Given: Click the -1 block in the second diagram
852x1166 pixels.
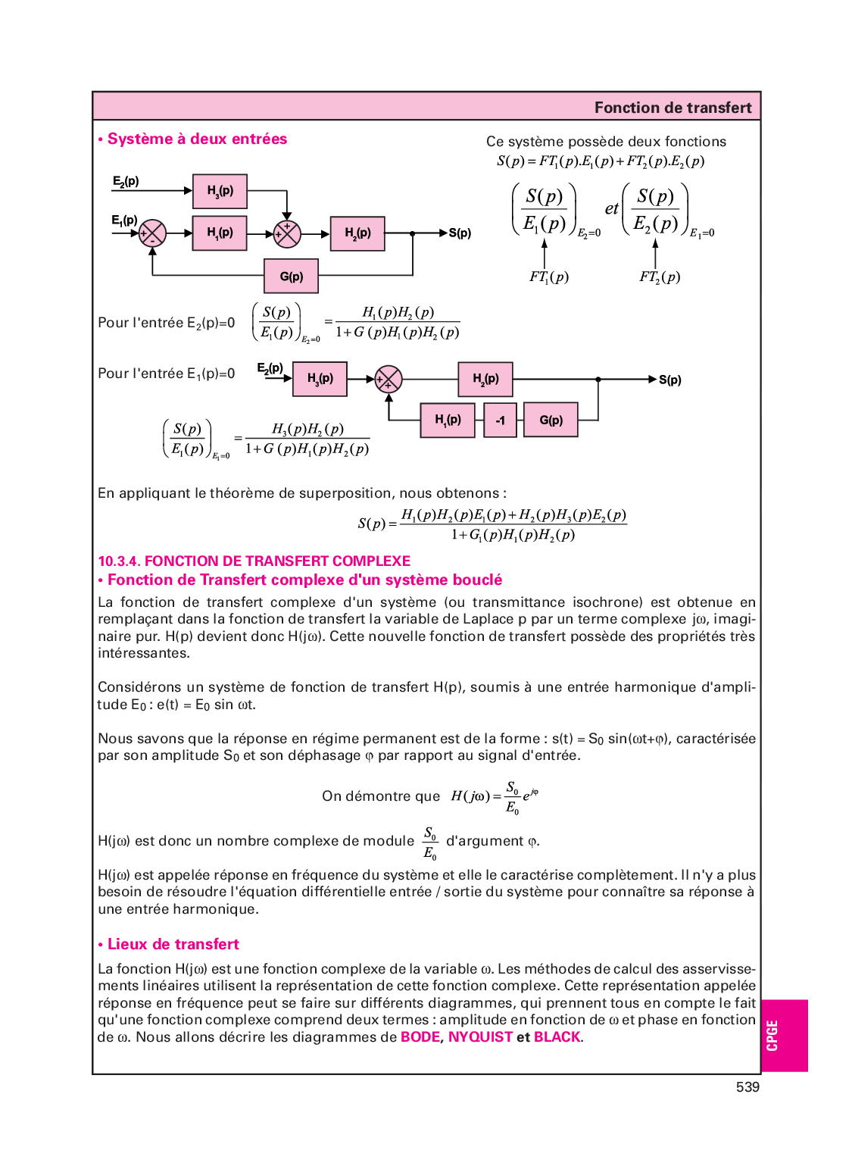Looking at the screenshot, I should tap(500, 420).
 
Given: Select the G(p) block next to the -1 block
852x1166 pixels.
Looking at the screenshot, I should tap(551, 420).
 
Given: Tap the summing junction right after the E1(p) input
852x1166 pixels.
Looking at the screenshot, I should tap(153, 233).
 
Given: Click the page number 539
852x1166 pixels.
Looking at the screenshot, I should tap(747, 1086).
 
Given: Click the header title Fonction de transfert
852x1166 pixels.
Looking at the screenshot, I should tap(673, 108).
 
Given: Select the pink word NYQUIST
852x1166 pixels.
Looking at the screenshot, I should tap(480, 1036).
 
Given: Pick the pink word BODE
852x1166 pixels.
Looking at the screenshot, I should tap(420, 1036).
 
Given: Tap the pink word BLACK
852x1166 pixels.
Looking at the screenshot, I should tap(557, 1036).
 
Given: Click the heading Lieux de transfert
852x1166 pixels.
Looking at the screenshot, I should tap(173, 944).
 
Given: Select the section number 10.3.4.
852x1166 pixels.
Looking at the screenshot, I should tap(119, 561).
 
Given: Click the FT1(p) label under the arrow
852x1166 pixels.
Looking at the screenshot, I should tap(549, 277).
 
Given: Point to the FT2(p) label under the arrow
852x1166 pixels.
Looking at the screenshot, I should tap(660, 277).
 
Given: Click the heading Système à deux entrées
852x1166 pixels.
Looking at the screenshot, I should tap(197, 139).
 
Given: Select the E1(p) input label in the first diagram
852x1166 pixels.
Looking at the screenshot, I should tap(124, 220).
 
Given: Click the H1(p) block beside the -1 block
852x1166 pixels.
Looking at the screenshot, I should tap(448, 420).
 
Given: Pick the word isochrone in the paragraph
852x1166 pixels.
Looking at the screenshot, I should tap(604, 602).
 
